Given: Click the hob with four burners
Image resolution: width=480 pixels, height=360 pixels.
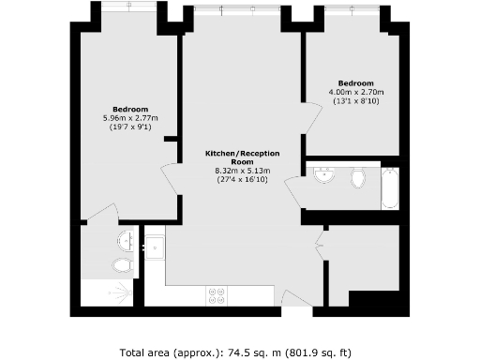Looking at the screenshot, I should pyautogui.click(x=217, y=295).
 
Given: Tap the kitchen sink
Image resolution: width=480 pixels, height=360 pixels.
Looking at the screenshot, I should pyautogui.click(x=155, y=247).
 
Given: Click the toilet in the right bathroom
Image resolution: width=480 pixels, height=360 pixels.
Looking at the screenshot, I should pyautogui.click(x=358, y=178).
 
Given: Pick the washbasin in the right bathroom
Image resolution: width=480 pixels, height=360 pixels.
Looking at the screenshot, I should pyautogui.click(x=324, y=174).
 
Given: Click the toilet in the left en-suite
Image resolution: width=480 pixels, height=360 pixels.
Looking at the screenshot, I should pyautogui.click(x=121, y=265).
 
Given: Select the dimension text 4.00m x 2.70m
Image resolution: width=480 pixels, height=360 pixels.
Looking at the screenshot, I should pyautogui.click(x=355, y=92).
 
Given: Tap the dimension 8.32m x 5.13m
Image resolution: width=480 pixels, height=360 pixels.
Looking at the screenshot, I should pyautogui.click(x=242, y=170).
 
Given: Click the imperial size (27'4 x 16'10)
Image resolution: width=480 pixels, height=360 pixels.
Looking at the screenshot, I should pyautogui.click(x=242, y=179).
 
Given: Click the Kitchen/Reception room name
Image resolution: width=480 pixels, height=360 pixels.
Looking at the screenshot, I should pyautogui.click(x=242, y=156).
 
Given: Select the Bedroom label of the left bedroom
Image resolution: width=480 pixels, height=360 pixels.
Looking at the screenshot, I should pyautogui.click(x=130, y=109).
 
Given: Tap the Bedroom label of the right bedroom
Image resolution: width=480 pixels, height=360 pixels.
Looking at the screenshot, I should pyautogui.click(x=355, y=82).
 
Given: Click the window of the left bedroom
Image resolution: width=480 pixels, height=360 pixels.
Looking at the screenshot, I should pyautogui.click(x=130, y=7).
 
